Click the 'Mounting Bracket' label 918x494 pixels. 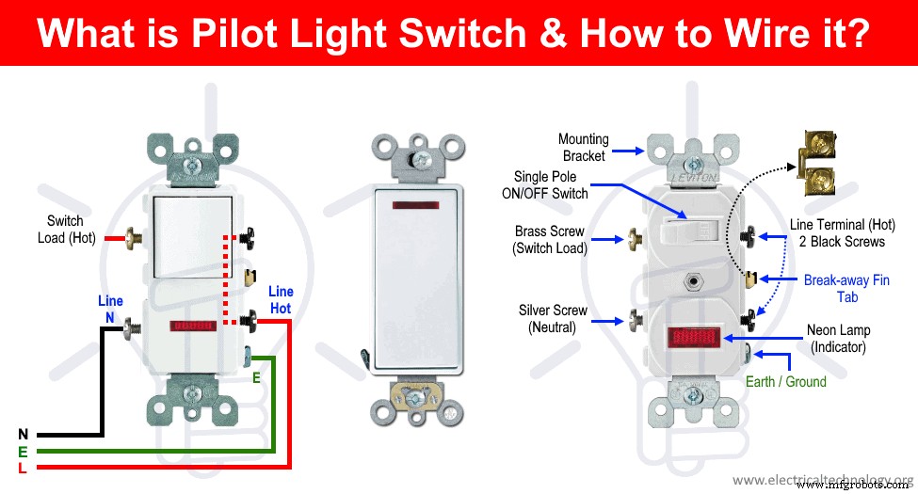[x=584, y=148]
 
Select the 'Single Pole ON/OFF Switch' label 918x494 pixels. [x=551, y=185]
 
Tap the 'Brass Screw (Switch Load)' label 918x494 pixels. [x=551, y=240]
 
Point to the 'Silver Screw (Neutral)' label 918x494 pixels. [x=553, y=319]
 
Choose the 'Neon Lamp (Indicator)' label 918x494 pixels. [x=838, y=339]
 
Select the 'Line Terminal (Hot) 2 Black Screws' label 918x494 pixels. [x=836, y=233]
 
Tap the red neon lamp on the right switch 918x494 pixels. [x=696, y=338]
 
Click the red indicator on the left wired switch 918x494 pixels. [x=194, y=327]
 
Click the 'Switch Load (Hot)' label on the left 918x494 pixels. [x=66, y=229]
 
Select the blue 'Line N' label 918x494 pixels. [x=110, y=310]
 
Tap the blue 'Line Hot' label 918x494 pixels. [x=282, y=300]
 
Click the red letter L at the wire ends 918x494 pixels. [x=23, y=469]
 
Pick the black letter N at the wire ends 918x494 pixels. [x=23, y=435]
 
